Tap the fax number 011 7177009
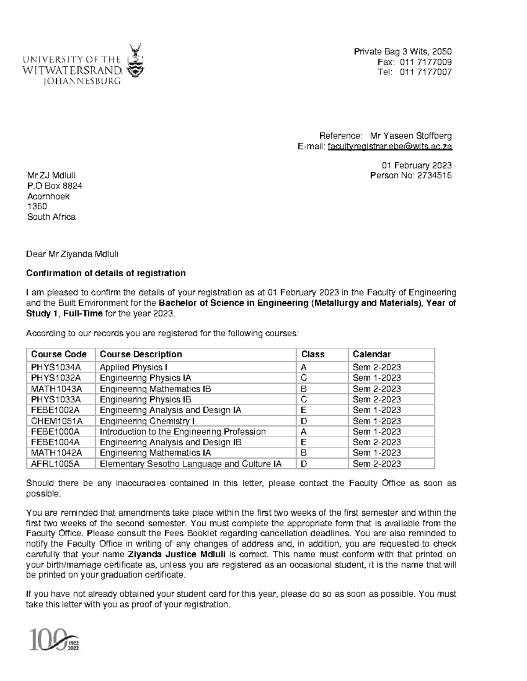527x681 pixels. [426, 62]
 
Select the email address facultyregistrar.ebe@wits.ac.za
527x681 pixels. [389, 146]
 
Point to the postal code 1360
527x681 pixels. [37, 206]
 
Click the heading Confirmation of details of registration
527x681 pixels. [106, 273]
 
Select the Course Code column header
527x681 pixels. [59, 354]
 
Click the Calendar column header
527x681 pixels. [372, 354]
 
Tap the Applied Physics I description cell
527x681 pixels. [134, 367]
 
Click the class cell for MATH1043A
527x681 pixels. [304, 389]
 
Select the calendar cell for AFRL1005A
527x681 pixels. [377, 464]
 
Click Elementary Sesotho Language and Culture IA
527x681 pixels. [191, 464]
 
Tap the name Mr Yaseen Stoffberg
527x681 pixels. [411, 136]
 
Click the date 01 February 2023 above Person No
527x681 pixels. [416, 165]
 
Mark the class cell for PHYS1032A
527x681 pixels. [304, 378]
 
